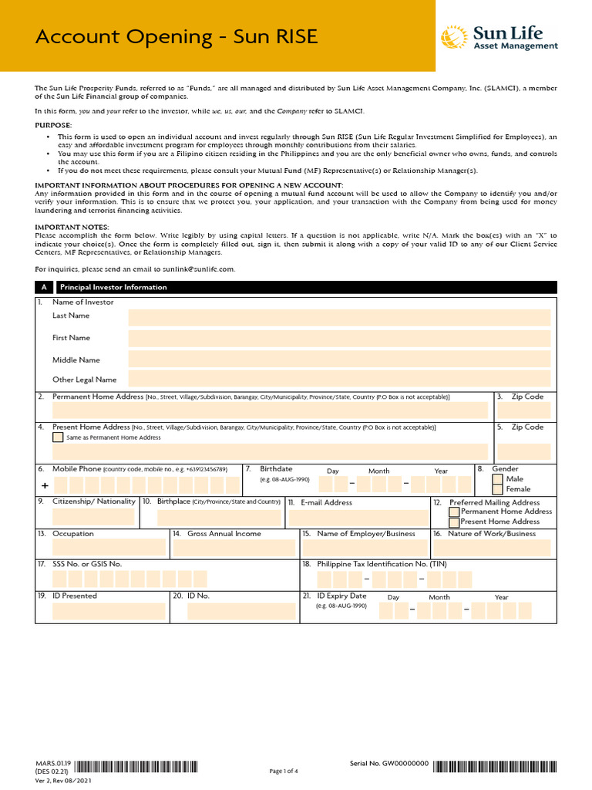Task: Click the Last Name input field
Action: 339,318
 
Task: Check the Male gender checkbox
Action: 498,479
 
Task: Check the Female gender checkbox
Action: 498,489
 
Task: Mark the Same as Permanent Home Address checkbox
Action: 58,437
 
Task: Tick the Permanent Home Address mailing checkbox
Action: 454,511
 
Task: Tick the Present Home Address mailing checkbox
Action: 454,522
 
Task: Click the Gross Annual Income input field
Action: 234,548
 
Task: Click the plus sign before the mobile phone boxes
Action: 44,486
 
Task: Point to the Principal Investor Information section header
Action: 113,287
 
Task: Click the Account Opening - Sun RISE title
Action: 177,37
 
